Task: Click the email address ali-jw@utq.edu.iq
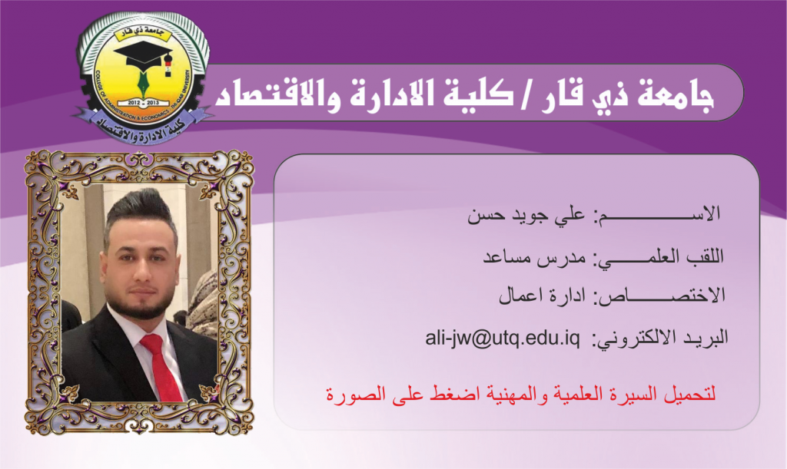coord(503,339)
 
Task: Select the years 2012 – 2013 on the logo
coord(143,102)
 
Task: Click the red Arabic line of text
coord(521,395)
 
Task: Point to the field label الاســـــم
coord(658,214)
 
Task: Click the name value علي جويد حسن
coord(526,216)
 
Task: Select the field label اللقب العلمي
coord(659,258)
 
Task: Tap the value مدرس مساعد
coord(535,258)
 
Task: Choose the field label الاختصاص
coord(659,296)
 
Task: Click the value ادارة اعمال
coord(542,296)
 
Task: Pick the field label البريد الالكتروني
coord(660,339)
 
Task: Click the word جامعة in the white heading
coord(675,95)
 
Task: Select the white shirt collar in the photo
coord(134,325)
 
